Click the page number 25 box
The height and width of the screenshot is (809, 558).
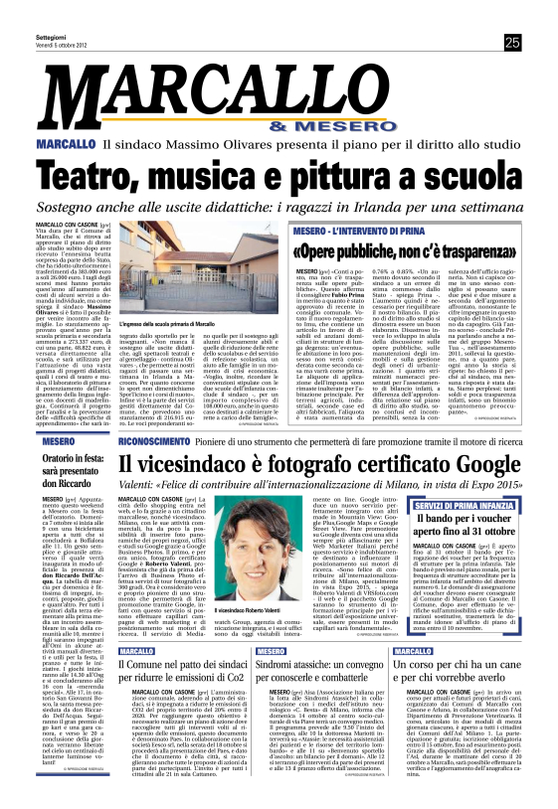pos(512,42)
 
